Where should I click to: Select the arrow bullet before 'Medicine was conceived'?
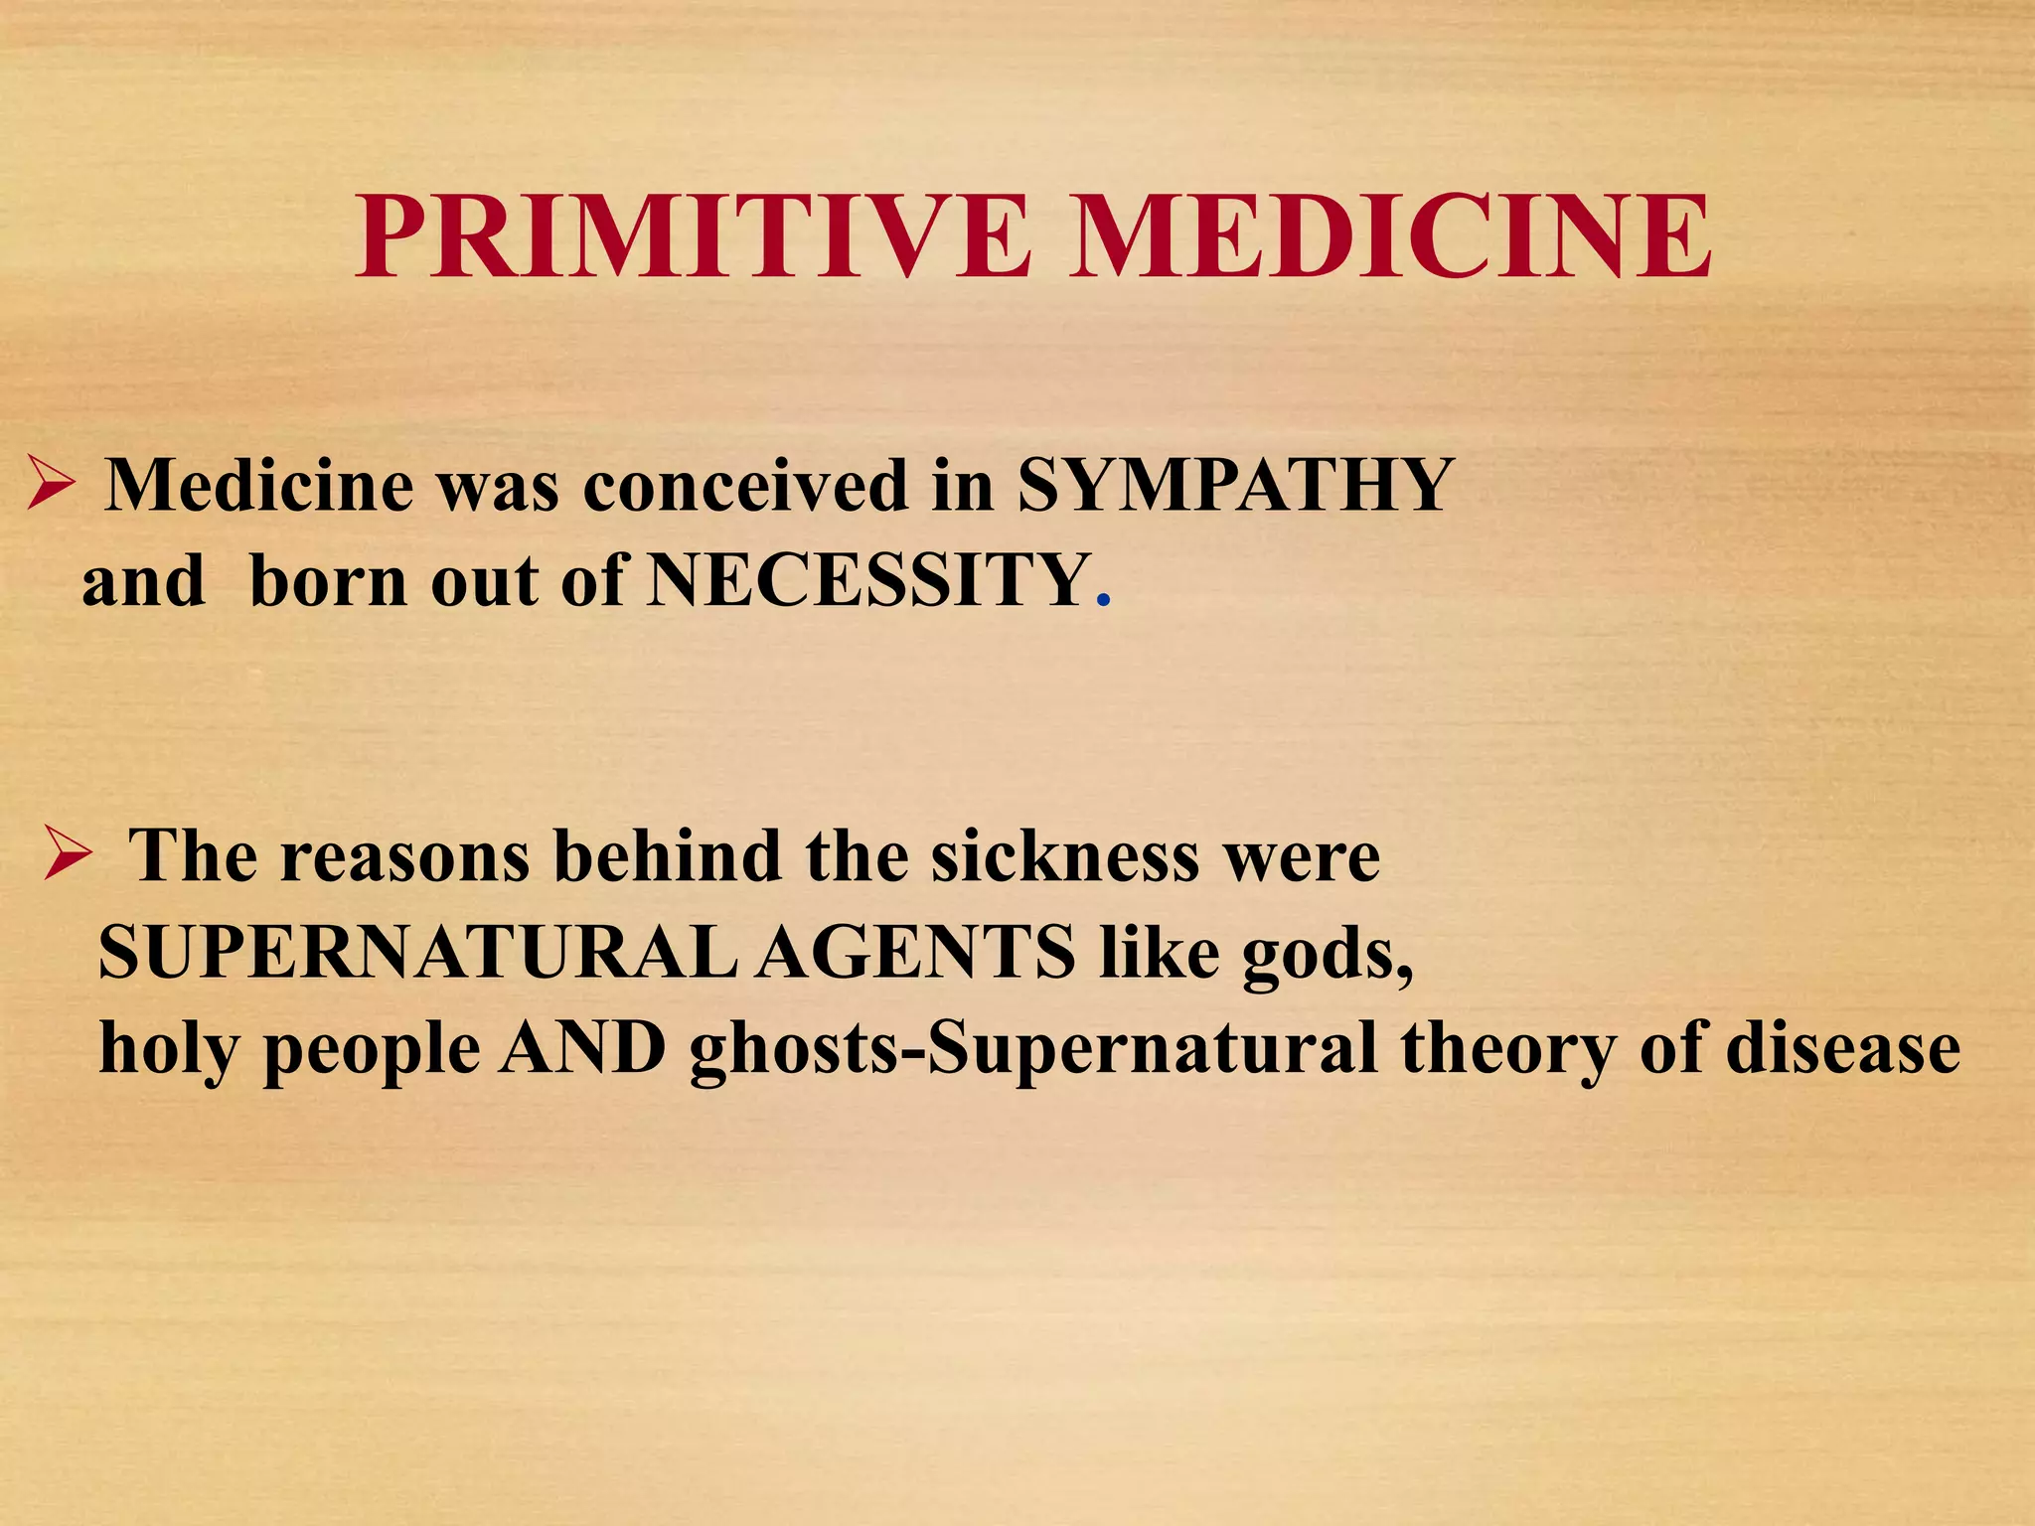51,486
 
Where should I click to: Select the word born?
328,580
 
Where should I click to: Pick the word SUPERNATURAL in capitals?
417,952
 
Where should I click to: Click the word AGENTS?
915,952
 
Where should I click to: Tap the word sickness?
1064,856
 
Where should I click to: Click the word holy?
170,1049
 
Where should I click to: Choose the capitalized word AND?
582,1047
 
